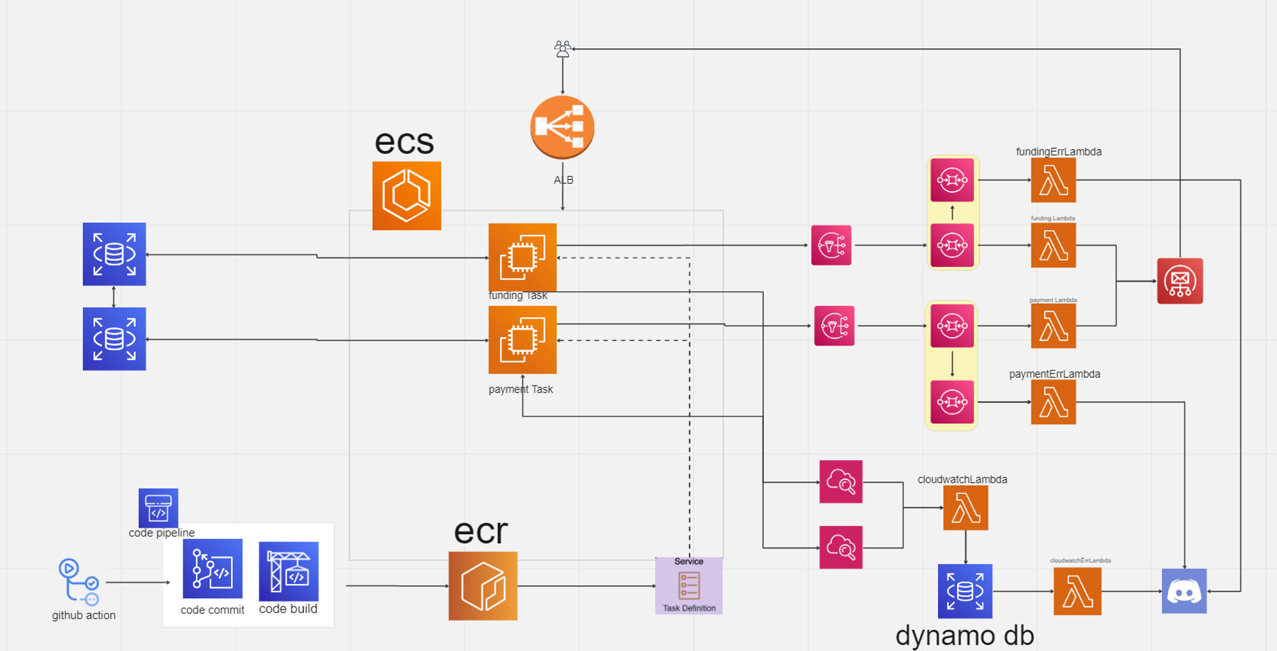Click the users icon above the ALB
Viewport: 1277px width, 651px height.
click(563, 49)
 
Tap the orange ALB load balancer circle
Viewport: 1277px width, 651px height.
click(563, 127)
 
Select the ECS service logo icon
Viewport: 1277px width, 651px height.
click(407, 196)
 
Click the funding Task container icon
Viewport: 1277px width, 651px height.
click(522, 257)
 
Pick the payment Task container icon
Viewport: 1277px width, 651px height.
click(522, 340)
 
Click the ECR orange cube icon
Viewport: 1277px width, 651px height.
click(483, 586)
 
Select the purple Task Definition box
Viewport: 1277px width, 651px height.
click(688, 586)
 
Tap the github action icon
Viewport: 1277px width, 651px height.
click(78, 581)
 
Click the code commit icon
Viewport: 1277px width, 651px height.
click(212, 569)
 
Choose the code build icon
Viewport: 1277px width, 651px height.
click(289, 571)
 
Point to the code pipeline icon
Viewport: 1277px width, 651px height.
click(158, 508)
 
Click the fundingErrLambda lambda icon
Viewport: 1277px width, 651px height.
click(1053, 181)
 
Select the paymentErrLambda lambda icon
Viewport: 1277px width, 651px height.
click(1053, 402)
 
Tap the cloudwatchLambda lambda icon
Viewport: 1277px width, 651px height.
click(965, 508)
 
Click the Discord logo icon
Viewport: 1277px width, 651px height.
click(1184, 591)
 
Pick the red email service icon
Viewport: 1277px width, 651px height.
click(1180, 281)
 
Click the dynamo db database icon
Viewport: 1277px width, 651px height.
click(965, 591)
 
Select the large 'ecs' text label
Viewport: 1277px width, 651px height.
click(404, 142)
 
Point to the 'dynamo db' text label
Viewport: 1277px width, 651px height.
click(964, 636)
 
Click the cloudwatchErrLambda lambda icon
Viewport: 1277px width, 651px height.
click(1077, 591)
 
